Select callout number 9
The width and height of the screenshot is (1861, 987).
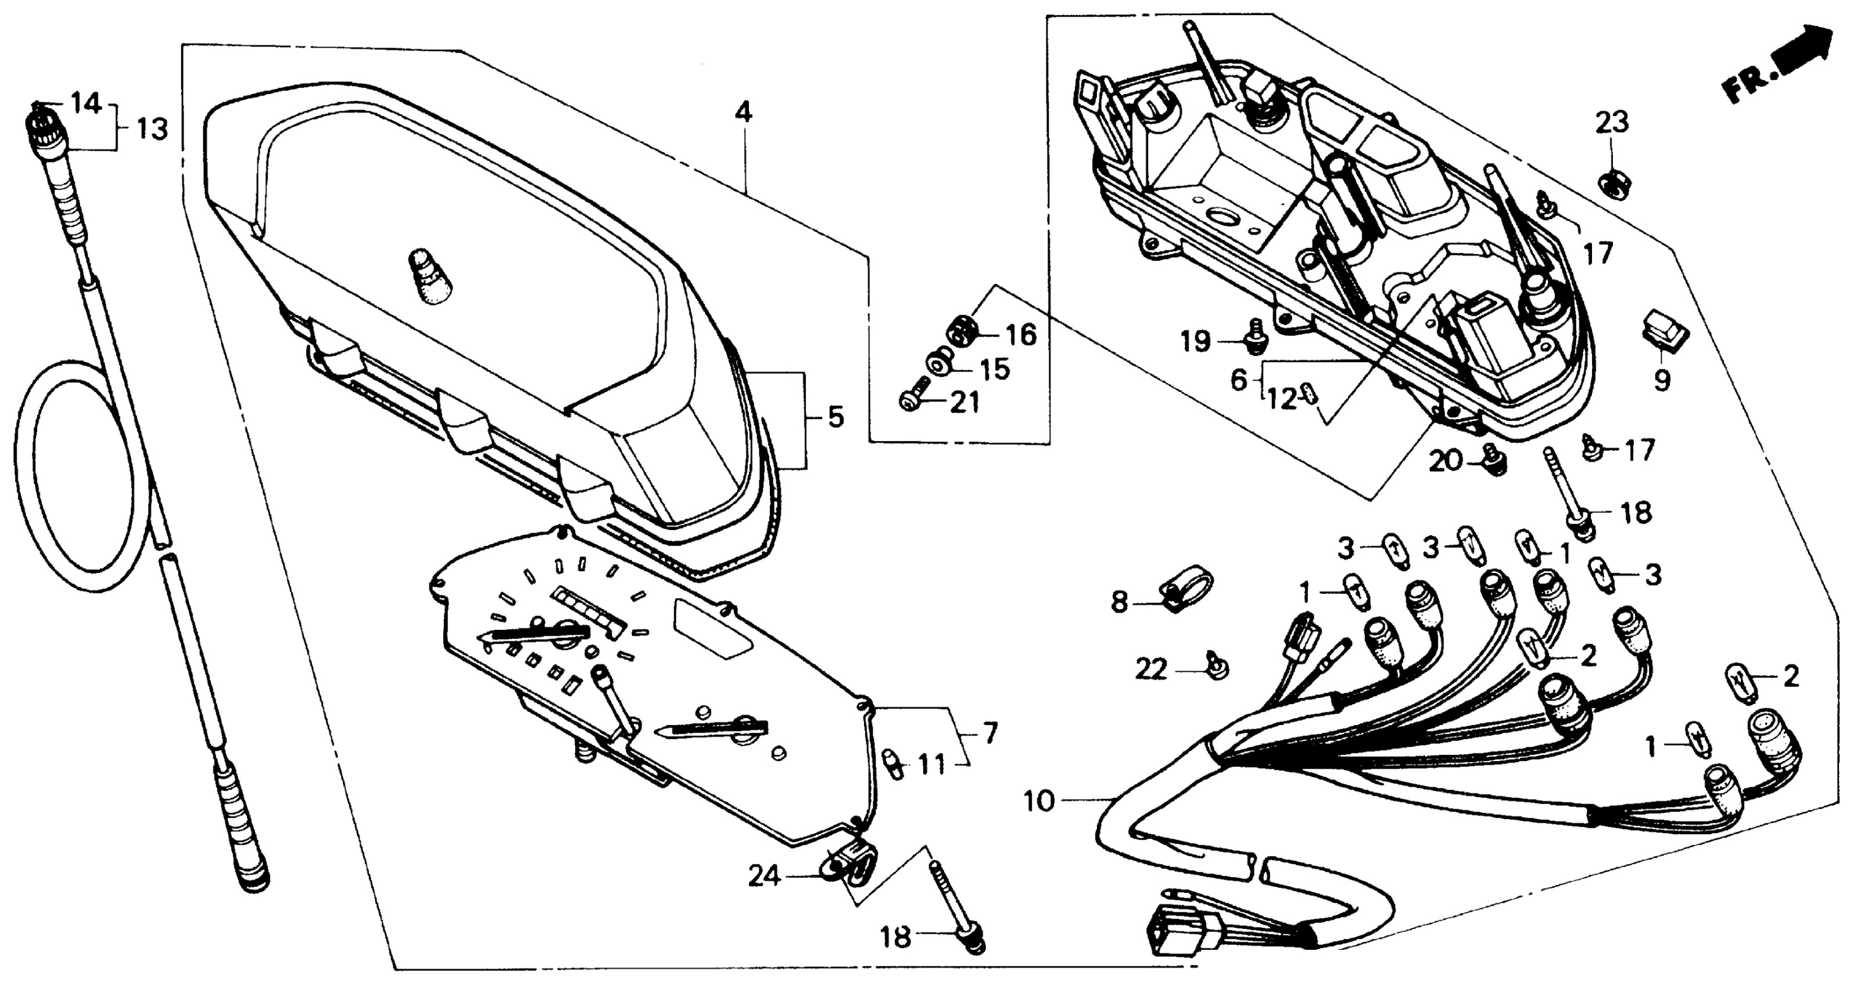1662,380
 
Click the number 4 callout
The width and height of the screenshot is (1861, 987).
743,113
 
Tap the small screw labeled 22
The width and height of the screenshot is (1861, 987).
1216,668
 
